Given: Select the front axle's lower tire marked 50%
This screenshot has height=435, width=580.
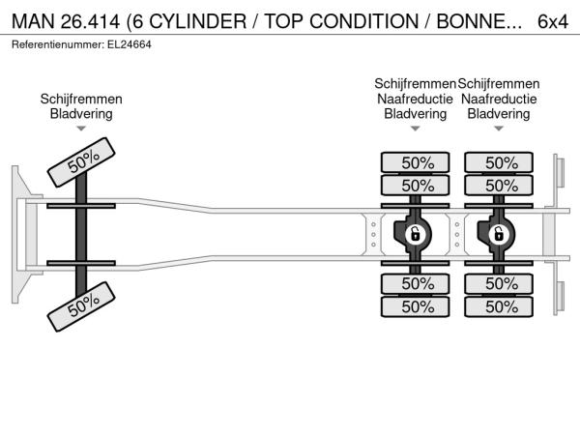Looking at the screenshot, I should tap(84, 308).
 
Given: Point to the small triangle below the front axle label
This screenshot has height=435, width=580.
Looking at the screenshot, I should tap(81, 128).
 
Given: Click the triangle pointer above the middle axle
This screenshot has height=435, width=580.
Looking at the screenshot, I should tap(416, 128).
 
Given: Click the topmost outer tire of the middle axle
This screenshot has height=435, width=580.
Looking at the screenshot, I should tap(417, 161).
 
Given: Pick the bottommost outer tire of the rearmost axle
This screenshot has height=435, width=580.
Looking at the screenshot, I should tap(501, 306).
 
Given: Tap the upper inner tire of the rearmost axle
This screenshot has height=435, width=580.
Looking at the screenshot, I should tap(501, 185).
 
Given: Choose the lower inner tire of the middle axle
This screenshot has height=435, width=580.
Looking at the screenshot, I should tap(417, 283).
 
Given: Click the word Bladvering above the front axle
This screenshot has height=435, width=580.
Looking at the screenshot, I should tap(81, 113).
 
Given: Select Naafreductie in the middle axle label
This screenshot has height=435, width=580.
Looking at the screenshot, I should tap(416, 99).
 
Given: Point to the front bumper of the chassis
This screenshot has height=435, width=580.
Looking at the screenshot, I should tap(21, 233).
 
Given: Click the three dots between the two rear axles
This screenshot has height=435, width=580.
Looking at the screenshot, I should tap(458, 233).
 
